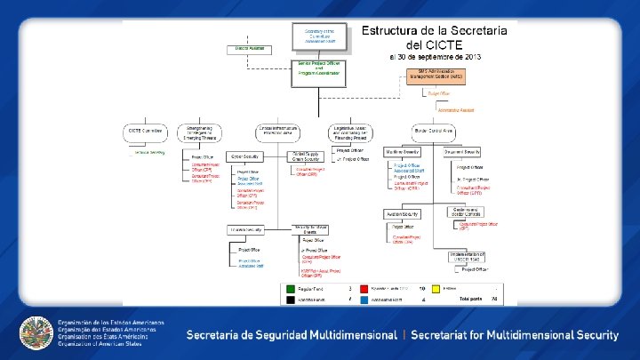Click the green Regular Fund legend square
click(289, 289)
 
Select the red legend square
click(364, 289)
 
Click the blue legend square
click(364, 300)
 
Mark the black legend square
click(289, 300)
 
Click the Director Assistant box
click(249, 48)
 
